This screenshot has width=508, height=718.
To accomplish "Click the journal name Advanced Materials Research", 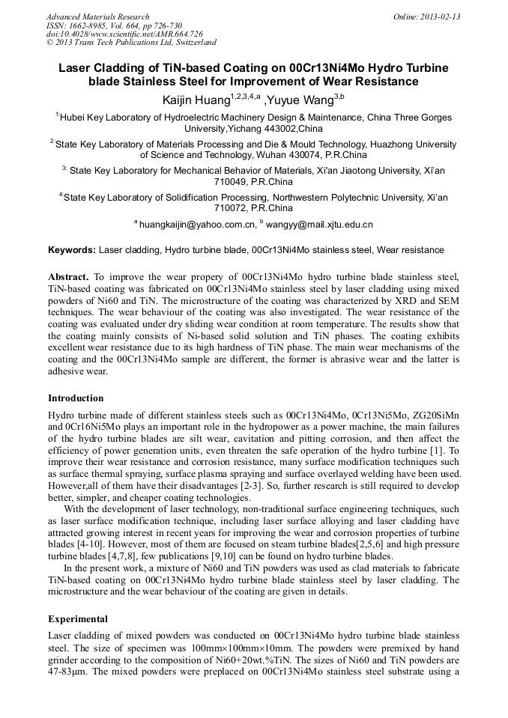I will click(x=97, y=16).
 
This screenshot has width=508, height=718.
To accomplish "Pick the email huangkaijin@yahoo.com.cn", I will click(x=197, y=224).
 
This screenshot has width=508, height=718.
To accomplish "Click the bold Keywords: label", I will click(x=72, y=250).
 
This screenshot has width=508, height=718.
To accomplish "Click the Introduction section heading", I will click(x=76, y=398).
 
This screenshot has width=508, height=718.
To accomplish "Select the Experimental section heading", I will click(x=78, y=619).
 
